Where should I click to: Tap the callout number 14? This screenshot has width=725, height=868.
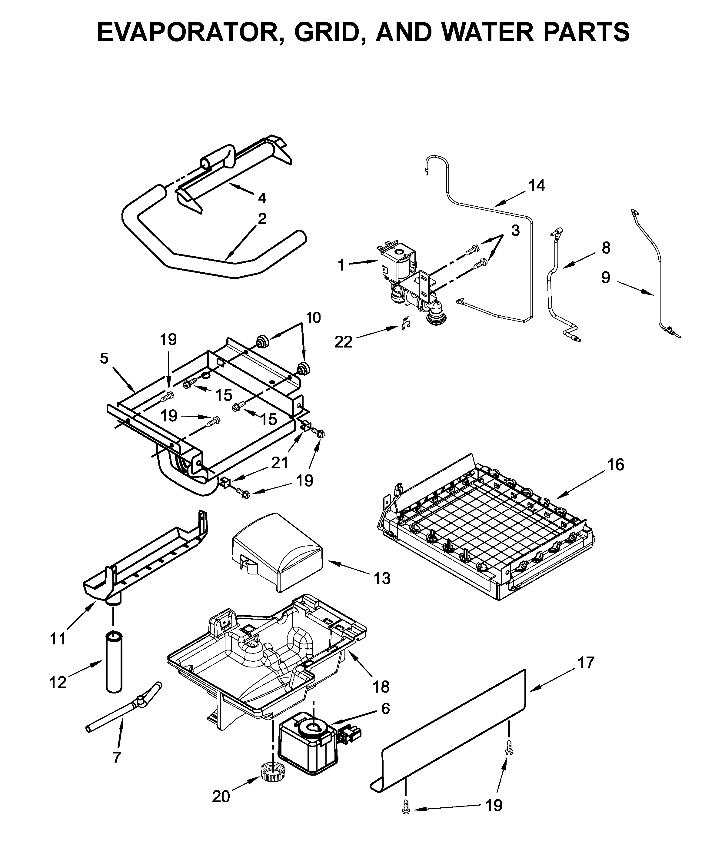[537, 186]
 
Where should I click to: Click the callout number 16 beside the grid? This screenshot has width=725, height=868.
[615, 464]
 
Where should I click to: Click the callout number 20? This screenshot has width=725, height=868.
[221, 796]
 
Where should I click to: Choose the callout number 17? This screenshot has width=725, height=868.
[586, 663]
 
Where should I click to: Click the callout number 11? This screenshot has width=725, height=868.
[58, 639]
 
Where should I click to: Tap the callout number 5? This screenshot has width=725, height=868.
[104, 358]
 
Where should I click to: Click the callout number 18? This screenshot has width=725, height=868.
[381, 687]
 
